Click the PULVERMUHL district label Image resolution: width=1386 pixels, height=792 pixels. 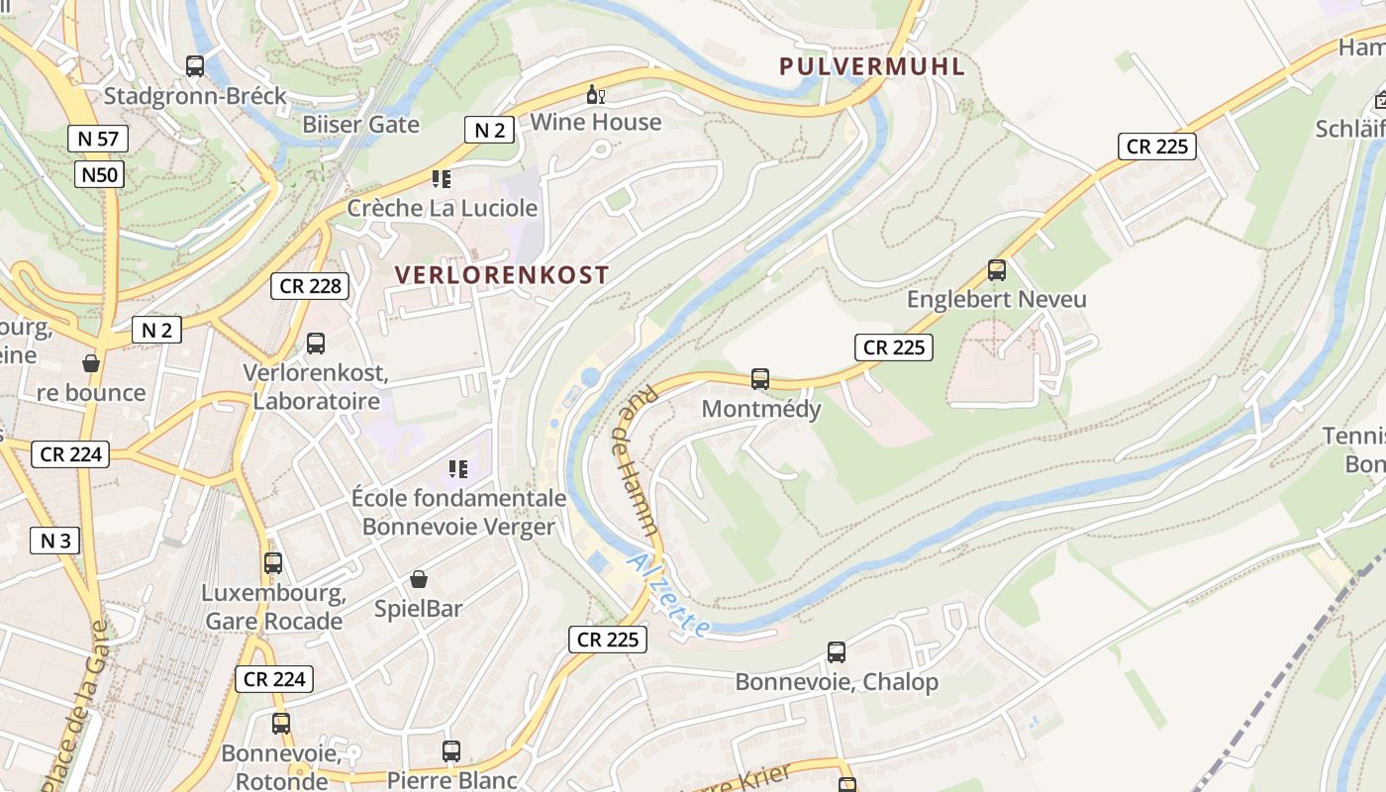click(x=871, y=66)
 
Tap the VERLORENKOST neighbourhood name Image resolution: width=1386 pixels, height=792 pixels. click(x=502, y=275)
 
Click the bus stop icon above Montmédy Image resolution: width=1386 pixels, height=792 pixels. click(x=760, y=379)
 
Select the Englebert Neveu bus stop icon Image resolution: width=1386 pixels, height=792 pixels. click(x=997, y=270)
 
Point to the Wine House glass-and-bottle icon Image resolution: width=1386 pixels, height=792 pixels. click(x=596, y=95)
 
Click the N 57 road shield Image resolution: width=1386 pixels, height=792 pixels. click(x=98, y=139)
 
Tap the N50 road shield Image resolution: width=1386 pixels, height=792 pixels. click(x=99, y=175)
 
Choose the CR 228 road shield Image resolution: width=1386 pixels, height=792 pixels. click(x=311, y=286)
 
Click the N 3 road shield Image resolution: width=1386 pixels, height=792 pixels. click(x=54, y=541)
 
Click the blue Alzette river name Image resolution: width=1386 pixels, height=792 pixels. click(x=669, y=595)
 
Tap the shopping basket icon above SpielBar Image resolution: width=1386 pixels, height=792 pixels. click(x=419, y=579)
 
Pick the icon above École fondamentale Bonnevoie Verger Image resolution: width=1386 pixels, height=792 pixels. click(x=457, y=468)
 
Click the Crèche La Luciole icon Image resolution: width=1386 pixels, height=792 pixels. click(x=442, y=179)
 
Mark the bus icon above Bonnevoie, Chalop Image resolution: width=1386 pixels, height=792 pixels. click(x=837, y=652)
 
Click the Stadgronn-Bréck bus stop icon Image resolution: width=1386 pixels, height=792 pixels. click(x=195, y=66)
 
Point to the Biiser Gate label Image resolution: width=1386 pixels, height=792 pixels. click(x=360, y=125)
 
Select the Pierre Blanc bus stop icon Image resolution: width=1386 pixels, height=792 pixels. click(x=451, y=751)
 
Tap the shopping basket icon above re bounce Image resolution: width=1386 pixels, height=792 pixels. click(x=91, y=364)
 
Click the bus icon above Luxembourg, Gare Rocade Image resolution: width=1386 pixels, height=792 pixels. click(x=273, y=563)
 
